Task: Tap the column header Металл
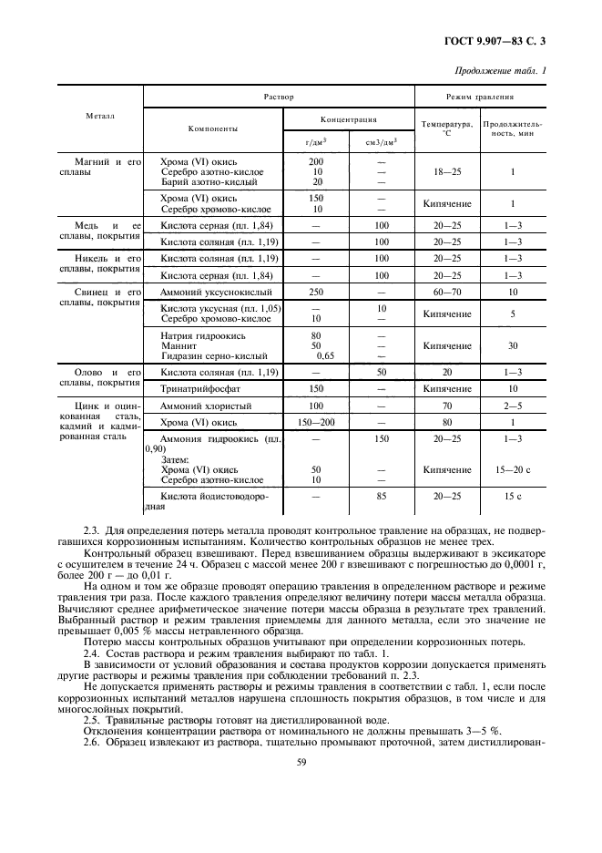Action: [100, 117]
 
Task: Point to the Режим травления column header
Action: [481, 96]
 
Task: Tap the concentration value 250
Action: [317, 291]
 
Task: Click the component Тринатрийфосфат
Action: [198, 388]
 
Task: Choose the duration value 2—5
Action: [514, 405]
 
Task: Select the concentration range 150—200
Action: [317, 422]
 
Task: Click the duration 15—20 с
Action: [514, 469]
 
